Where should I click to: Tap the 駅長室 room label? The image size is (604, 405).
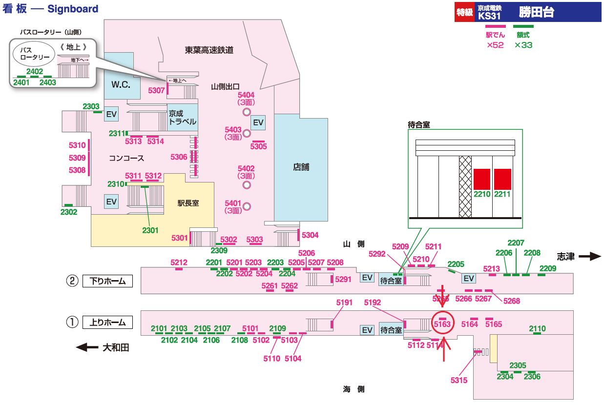pos(188,203)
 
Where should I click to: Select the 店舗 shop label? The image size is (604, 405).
pos(301,167)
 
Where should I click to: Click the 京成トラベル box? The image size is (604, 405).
pos(182,118)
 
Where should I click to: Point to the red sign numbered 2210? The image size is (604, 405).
pos(482,179)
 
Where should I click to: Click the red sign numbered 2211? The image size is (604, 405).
pos(502,179)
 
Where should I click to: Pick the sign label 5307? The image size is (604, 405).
pos(156,90)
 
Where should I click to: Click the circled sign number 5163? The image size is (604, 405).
pos(442,324)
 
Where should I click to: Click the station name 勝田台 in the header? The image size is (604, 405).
pos(536,12)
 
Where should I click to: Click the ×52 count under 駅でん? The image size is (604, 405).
pos(495,45)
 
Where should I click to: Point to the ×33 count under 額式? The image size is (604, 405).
pos(523,45)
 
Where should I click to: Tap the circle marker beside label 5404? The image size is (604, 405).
pos(247,112)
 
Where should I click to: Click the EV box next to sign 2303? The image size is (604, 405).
pos(112,114)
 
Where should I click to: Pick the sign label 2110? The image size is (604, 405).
pos(537,328)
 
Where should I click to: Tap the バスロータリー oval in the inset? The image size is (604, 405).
pos(34,54)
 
